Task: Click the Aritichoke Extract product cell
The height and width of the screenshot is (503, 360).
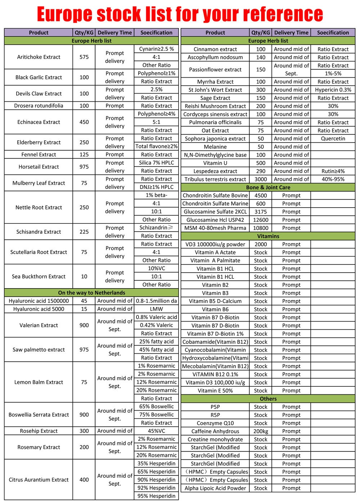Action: pos(39,57)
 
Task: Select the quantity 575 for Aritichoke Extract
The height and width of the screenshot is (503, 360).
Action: pos(84,57)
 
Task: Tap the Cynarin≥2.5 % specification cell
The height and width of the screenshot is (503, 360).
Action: pos(156,49)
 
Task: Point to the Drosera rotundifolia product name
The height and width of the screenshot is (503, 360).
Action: pos(39,106)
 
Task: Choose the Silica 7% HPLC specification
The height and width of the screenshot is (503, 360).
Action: pos(156,163)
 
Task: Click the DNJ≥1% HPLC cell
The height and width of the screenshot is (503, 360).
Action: pos(156,187)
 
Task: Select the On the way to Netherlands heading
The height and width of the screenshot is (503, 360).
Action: pos(91,293)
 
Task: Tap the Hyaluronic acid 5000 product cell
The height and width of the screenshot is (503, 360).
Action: pos(39,309)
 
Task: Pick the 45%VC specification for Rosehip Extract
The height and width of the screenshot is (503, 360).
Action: pos(156,431)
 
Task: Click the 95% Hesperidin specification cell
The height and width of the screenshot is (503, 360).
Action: pos(156,496)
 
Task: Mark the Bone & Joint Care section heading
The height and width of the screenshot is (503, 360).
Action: pos(268,187)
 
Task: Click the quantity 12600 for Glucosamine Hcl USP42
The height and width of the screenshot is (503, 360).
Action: pos(261,220)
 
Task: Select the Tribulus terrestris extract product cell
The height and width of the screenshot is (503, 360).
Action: pos(215,179)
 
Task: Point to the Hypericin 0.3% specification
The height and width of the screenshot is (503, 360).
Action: pos(333,90)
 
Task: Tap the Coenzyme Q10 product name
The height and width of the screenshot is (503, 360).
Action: pos(215,423)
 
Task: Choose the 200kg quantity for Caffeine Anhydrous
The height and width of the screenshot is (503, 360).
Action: pos(261,431)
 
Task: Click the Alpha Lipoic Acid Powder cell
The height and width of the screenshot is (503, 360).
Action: pos(215,488)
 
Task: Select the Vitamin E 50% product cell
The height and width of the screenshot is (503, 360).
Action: pos(215,391)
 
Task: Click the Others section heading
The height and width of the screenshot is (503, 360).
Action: pos(268,399)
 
